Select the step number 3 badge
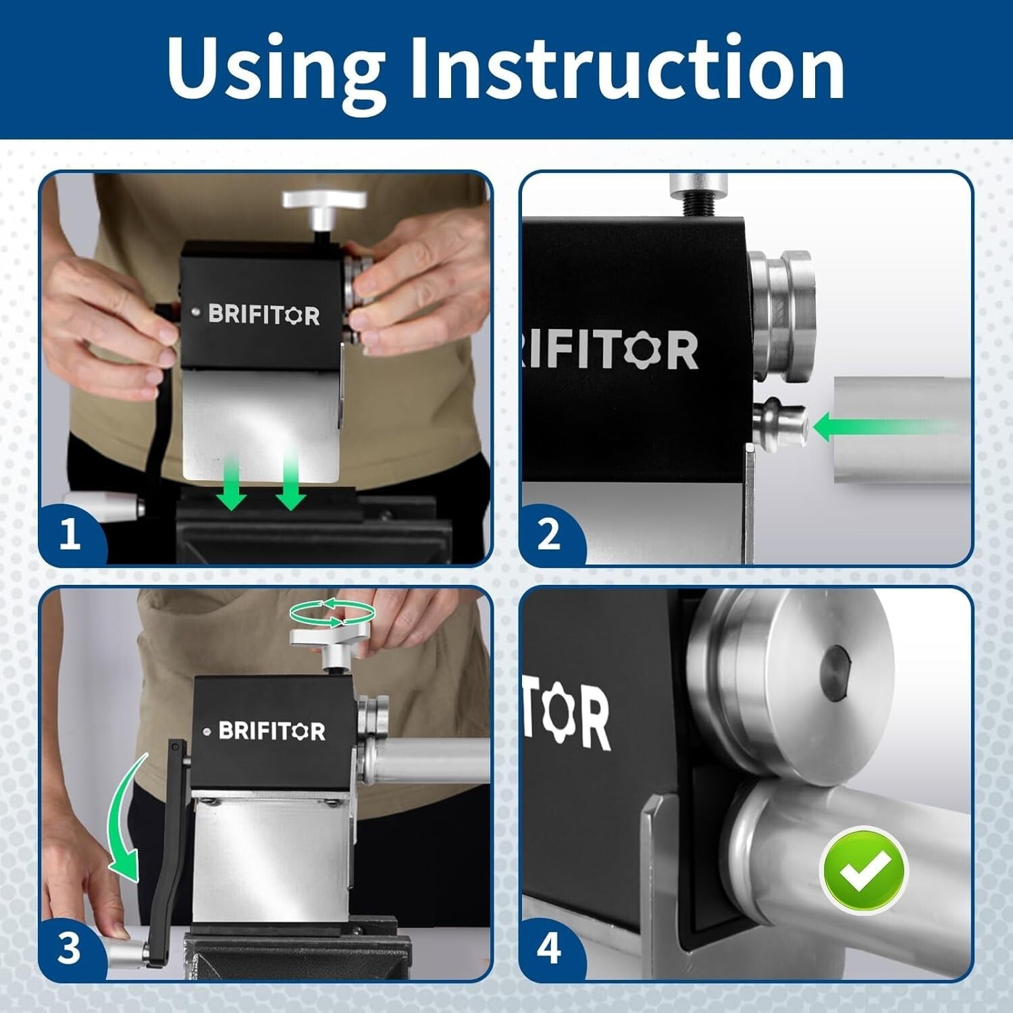pos(70,948)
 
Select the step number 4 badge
pos(549,948)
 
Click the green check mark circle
pos(863,870)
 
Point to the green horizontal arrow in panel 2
pos(885,427)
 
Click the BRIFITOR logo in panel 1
pos(264,315)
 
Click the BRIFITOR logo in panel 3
pos(272,731)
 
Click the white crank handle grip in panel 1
pos(101,503)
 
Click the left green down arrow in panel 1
pos(232,484)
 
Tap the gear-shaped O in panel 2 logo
pos(639,349)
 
